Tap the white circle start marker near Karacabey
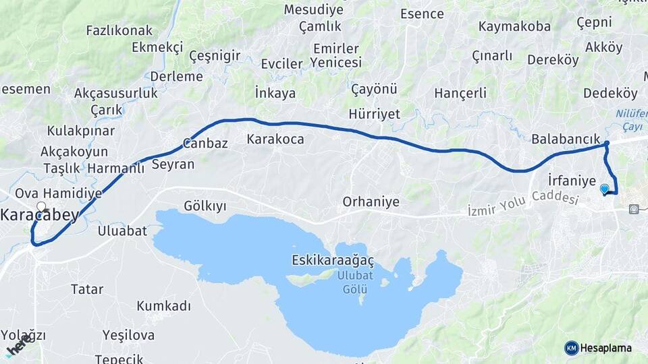pos(41,207)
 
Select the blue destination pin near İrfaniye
pos(604,189)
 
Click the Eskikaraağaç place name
pos(333,260)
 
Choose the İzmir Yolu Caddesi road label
pos(523,206)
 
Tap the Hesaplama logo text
pos(606,348)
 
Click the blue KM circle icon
pos(571,348)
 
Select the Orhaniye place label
pos(371,202)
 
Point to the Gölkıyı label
pos(205,205)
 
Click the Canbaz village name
pos(205,143)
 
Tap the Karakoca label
pos(275,140)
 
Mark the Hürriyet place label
pos(375,113)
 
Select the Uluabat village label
pos(122,231)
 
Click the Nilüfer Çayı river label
pos(631,121)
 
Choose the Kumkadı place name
pos(164,306)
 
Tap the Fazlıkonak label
pos(119,30)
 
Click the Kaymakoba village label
pos(514,27)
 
